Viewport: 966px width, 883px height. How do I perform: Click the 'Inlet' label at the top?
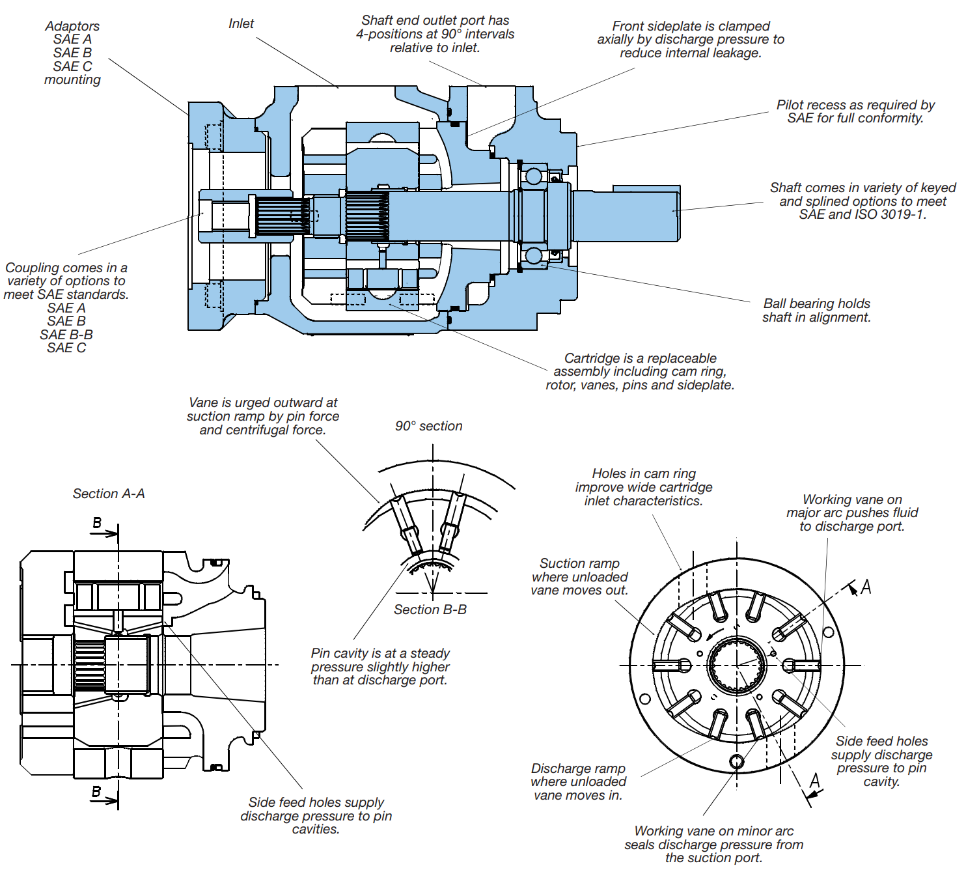pyautogui.click(x=241, y=23)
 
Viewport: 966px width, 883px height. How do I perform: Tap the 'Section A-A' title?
pyautogui.click(x=109, y=494)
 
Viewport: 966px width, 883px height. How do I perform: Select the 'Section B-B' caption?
pyautogui.click(x=430, y=610)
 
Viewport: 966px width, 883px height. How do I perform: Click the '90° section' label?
pyautogui.click(x=428, y=426)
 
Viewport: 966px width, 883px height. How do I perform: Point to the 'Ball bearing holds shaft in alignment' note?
pyautogui.click(x=816, y=311)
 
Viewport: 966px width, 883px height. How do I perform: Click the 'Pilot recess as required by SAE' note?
pyautogui.click(x=855, y=111)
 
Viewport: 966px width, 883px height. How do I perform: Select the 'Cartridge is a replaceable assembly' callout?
pyautogui.click(x=640, y=372)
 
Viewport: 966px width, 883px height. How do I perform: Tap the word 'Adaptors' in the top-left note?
pyautogui.click(x=72, y=26)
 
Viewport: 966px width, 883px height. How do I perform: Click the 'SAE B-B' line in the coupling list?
pyautogui.click(x=66, y=335)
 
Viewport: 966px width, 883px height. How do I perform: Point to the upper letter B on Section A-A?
pyautogui.click(x=97, y=523)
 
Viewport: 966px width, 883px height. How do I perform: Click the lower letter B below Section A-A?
pyautogui.click(x=96, y=792)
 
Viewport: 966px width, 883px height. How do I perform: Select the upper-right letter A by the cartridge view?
pyautogui.click(x=866, y=587)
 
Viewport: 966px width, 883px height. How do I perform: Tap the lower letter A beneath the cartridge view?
pyautogui.click(x=814, y=780)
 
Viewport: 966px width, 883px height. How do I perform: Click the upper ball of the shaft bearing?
pyautogui.click(x=534, y=176)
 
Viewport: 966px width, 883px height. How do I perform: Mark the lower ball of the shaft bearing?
pyautogui.click(x=534, y=255)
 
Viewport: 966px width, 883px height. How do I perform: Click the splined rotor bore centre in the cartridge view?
pyautogui.click(x=737, y=666)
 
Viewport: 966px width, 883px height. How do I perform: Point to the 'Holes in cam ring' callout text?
pyautogui.click(x=643, y=487)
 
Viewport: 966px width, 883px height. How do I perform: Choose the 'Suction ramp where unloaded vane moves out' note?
pyautogui.click(x=579, y=577)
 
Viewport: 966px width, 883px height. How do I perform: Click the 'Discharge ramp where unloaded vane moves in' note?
pyautogui.click(x=578, y=781)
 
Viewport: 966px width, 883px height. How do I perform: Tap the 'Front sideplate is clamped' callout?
pyautogui.click(x=691, y=40)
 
